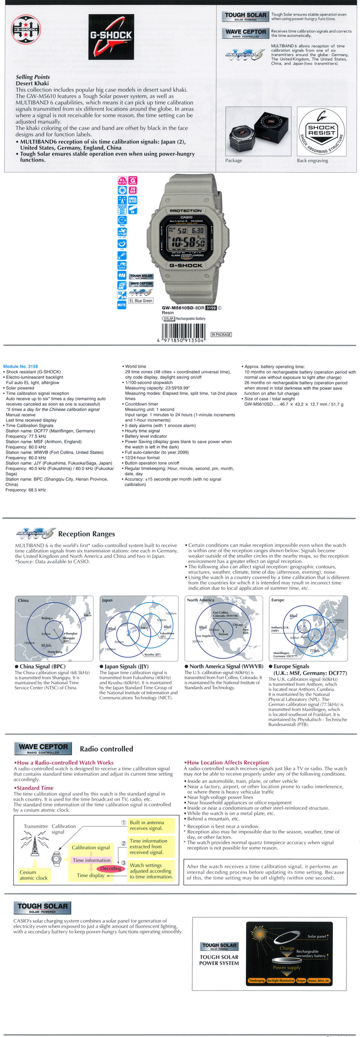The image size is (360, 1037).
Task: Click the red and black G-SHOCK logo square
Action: [111, 37]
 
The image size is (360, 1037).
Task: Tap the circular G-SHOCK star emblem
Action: [26, 29]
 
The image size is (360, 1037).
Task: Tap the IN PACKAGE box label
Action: [221, 334]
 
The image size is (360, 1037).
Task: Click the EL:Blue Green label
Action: [140, 301]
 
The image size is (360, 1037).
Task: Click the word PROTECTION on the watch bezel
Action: [186, 210]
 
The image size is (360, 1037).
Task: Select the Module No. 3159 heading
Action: [20, 366]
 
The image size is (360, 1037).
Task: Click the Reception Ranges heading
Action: [86, 534]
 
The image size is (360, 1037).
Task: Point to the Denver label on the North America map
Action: [223, 634]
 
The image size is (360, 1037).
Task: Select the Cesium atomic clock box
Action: [33, 875]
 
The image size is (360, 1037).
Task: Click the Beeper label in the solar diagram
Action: [301, 981]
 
